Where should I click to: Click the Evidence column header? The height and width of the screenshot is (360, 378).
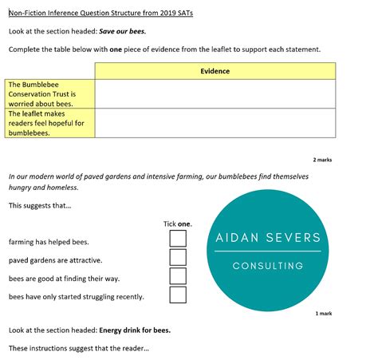point(215,71)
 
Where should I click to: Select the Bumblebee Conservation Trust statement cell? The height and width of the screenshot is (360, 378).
point(49,93)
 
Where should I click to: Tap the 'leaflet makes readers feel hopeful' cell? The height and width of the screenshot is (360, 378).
point(49,123)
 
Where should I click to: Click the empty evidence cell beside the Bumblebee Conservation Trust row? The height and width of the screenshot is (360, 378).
point(215,93)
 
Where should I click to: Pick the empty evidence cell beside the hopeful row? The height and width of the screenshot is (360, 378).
point(215,123)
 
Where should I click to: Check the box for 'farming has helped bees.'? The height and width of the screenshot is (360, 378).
point(178,239)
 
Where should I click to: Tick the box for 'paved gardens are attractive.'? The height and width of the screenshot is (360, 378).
point(178,257)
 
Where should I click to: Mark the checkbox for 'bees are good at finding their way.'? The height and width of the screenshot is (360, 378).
point(178,276)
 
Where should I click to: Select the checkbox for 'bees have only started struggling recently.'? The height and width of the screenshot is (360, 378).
point(178,295)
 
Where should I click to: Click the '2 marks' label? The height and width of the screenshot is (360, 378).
point(322,160)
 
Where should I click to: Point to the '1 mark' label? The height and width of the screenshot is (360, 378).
point(324,313)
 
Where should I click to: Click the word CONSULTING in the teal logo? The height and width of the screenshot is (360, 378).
point(268,266)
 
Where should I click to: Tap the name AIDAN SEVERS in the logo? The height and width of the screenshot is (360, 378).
point(268,238)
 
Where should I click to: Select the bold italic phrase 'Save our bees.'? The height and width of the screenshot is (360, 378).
point(122,32)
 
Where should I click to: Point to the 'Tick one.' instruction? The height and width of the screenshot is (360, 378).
point(177,224)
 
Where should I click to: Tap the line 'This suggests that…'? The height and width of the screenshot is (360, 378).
point(40,206)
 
